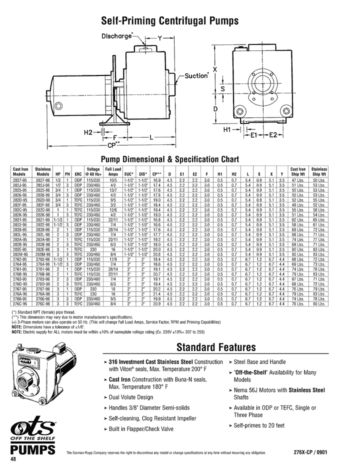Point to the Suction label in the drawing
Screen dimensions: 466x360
195,76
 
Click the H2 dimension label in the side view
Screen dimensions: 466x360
88,131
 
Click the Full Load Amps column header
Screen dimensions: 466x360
113,171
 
